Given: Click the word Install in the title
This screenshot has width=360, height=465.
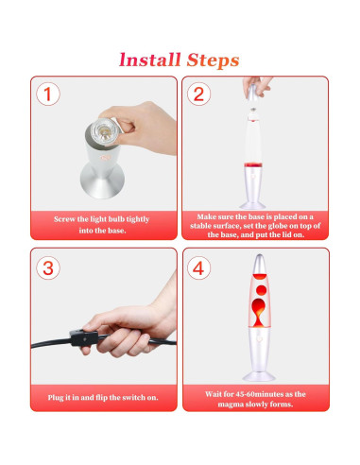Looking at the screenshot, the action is click(x=150, y=60).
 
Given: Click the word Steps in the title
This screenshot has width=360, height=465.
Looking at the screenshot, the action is click(x=213, y=60).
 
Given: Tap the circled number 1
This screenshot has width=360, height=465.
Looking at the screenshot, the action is click(x=48, y=94).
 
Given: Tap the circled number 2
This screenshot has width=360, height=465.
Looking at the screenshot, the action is click(x=198, y=94).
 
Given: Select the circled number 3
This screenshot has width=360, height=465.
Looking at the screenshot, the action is click(x=48, y=268).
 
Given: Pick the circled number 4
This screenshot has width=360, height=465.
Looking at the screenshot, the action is click(x=198, y=268).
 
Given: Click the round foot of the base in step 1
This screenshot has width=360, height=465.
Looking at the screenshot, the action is click(x=102, y=181).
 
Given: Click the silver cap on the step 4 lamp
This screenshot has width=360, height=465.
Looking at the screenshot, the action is click(x=259, y=265).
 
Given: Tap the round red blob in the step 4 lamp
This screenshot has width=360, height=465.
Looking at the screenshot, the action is click(x=261, y=290).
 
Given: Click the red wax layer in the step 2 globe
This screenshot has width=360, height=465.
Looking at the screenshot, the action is click(x=253, y=164).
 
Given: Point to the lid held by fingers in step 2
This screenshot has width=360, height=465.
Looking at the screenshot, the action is click(x=253, y=93).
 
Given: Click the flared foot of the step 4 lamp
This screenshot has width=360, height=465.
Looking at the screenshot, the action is click(x=259, y=376).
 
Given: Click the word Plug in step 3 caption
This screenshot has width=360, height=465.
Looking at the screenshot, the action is click(x=56, y=398).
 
